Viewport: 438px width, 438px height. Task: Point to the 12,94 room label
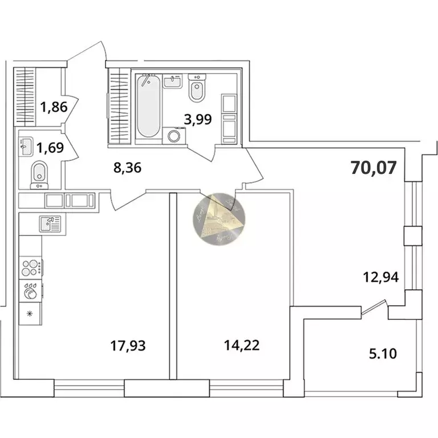coord(380,278)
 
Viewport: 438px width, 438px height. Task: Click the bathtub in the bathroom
coord(148,106)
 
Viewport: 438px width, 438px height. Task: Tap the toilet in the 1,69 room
coord(39,172)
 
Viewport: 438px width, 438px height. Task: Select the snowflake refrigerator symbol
coord(30,313)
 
